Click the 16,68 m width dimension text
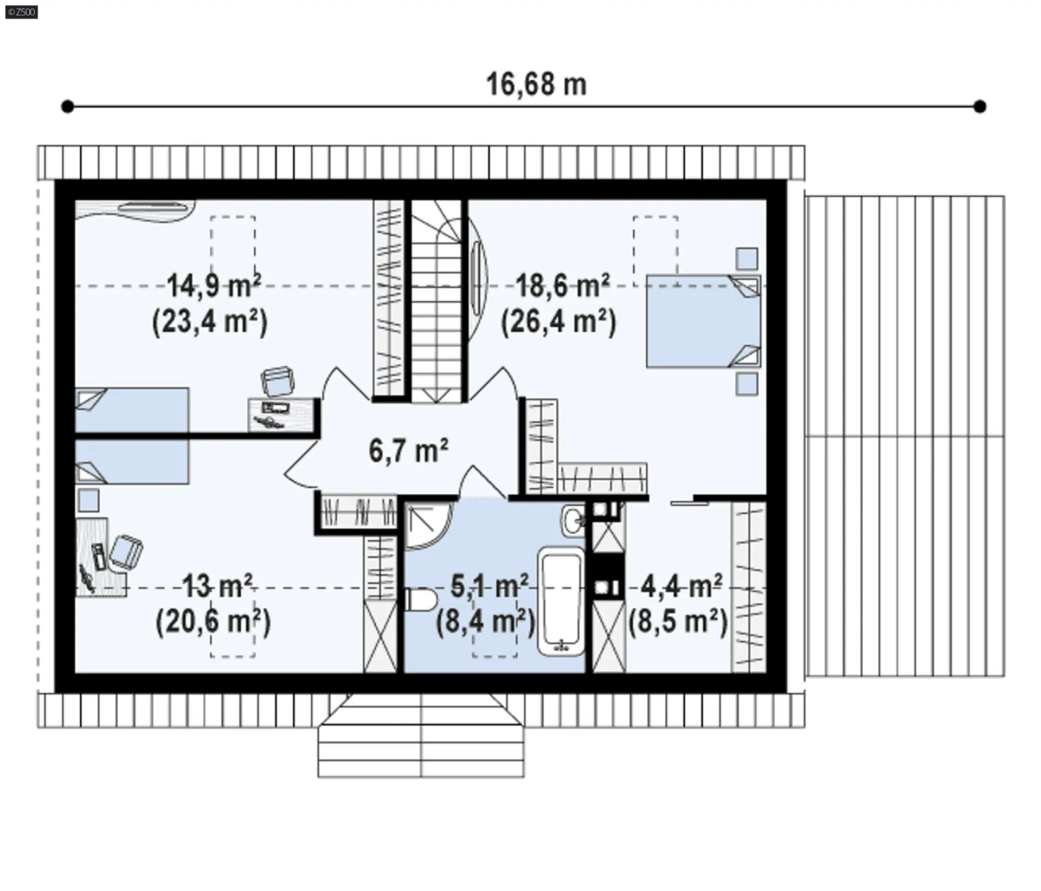point(536,85)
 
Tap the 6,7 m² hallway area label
point(409,450)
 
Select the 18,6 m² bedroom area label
point(563,286)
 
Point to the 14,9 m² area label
point(214,286)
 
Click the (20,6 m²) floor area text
point(213,621)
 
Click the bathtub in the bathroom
point(561,601)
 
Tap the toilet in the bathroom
point(421,600)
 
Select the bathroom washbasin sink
point(573,521)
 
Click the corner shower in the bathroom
point(428,526)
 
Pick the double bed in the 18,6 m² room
point(703,321)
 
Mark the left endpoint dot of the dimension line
point(67,107)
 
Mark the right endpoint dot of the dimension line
point(980,107)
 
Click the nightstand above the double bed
point(747,259)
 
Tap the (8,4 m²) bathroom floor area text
point(485,621)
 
